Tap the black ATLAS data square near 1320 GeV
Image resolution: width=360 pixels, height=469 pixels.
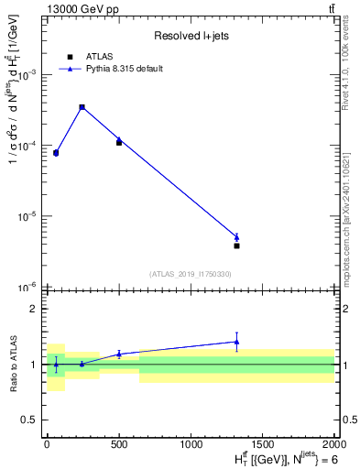pyautogui.click(x=236, y=245)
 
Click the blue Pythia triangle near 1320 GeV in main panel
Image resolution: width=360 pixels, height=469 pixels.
pyautogui.click(x=236, y=237)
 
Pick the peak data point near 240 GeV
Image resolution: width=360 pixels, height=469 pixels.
pyautogui.click(x=82, y=107)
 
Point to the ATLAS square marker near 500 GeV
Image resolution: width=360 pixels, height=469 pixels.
pyautogui.click(x=119, y=142)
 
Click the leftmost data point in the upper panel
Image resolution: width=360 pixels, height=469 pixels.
pyautogui.click(x=56, y=153)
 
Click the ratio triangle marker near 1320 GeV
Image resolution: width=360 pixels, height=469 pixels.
pyautogui.click(x=236, y=342)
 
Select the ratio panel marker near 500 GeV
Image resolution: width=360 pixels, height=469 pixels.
pyautogui.click(x=119, y=354)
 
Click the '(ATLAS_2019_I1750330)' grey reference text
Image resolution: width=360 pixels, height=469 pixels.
pyautogui.click(x=191, y=274)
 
